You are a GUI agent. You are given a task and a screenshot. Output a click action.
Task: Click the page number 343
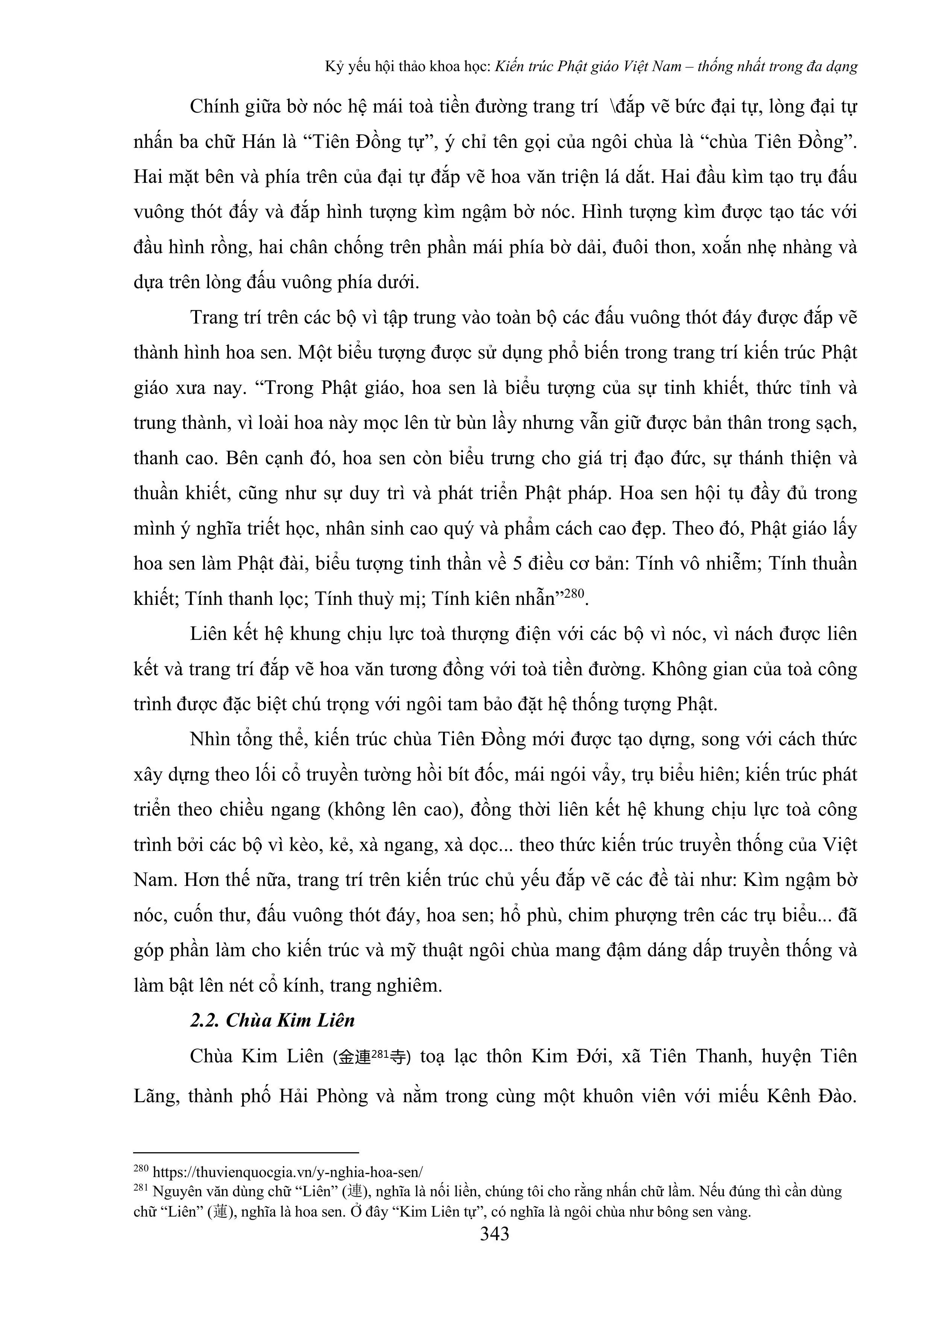(495, 1234)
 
